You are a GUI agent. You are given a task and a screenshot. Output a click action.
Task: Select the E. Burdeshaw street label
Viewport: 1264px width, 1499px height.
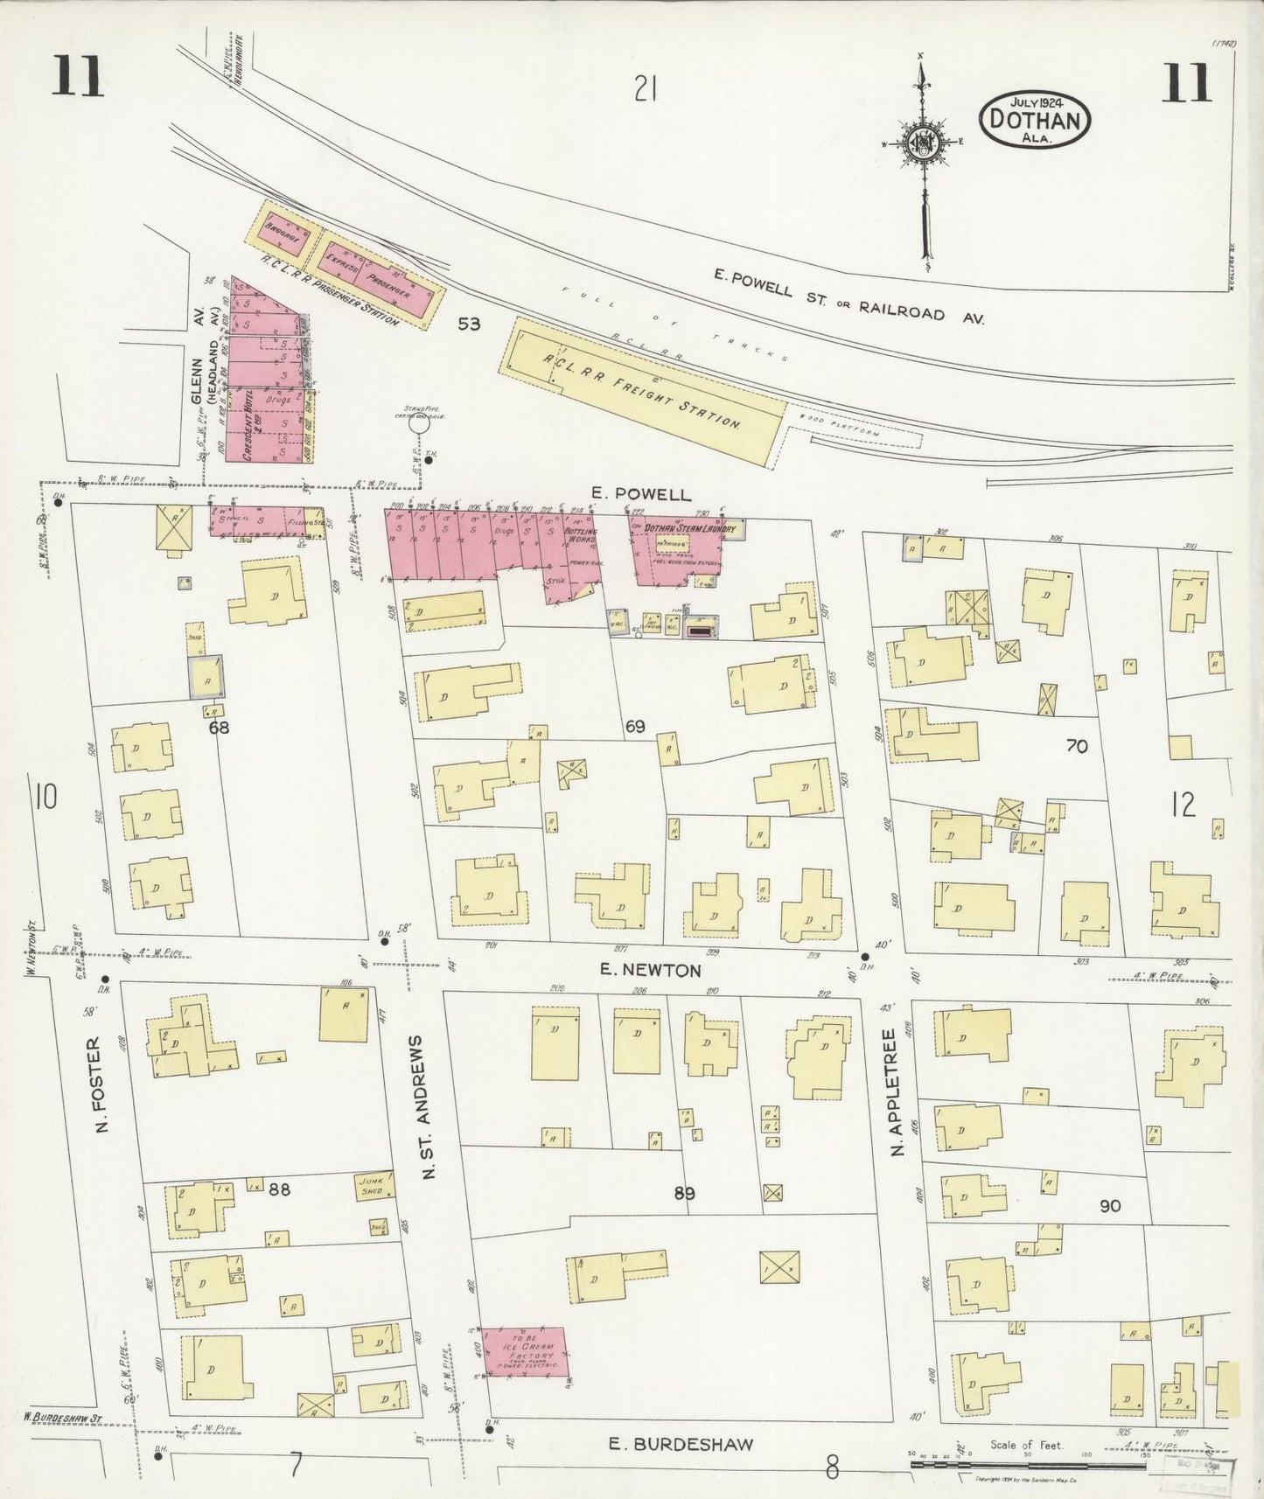coord(681,1444)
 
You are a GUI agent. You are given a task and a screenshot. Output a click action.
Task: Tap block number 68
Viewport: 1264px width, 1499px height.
coord(219,727)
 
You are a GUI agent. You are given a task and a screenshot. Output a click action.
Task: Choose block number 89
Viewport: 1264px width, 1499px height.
coord(684,1194)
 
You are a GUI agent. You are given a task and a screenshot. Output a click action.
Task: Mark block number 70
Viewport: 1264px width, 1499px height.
coord(1077,746)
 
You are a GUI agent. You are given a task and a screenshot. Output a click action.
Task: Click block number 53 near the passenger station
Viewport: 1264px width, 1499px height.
coord(469,324)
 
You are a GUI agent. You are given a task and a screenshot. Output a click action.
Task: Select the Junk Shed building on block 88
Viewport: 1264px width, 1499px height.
coord(374,1186)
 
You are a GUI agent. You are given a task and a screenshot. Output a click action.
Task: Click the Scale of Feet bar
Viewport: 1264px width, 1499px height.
coord(1028,1465)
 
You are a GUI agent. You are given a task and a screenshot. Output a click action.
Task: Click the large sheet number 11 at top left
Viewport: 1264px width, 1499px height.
coord(77,77)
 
